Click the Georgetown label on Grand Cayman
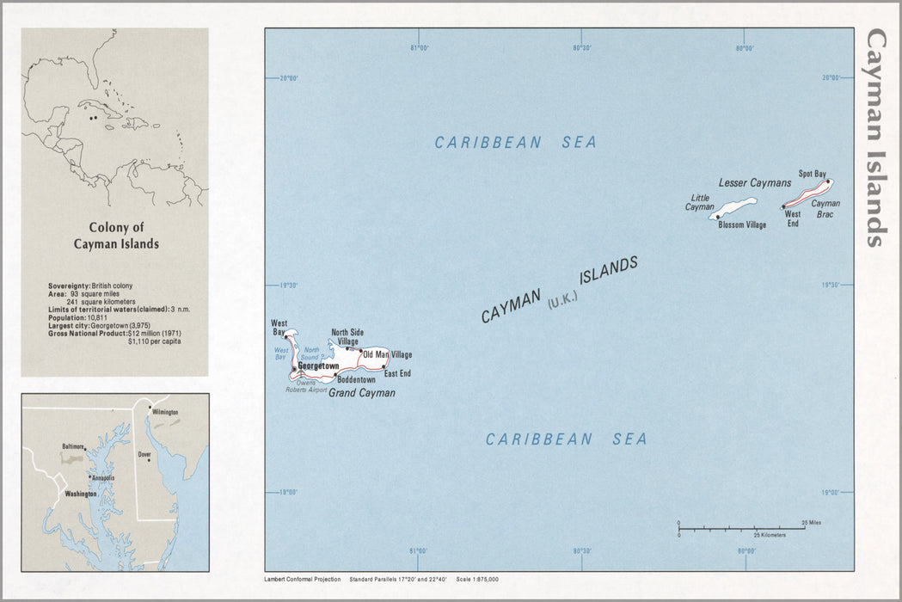(x=317, y=366)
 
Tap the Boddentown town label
(x=356, y=379)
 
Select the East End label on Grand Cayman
(x=397, y=373)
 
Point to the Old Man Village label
(x=388, y=354)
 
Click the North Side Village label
(x=347, y=336)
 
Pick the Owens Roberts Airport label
(x=306, y=386)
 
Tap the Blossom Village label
(x=741, y=225)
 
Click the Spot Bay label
(x=812, y=174)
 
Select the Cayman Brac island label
(x=825, y=209)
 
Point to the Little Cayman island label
(x=699, y=202)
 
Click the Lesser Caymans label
(x=754, y=183)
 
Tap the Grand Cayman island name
(x=362, y=393)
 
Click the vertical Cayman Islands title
(x=875, y=138)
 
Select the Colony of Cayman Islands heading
(x=114, y=236)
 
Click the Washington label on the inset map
(x=81, y=494)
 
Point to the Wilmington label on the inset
(x=164, y=413)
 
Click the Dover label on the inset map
(x=144, y=454)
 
